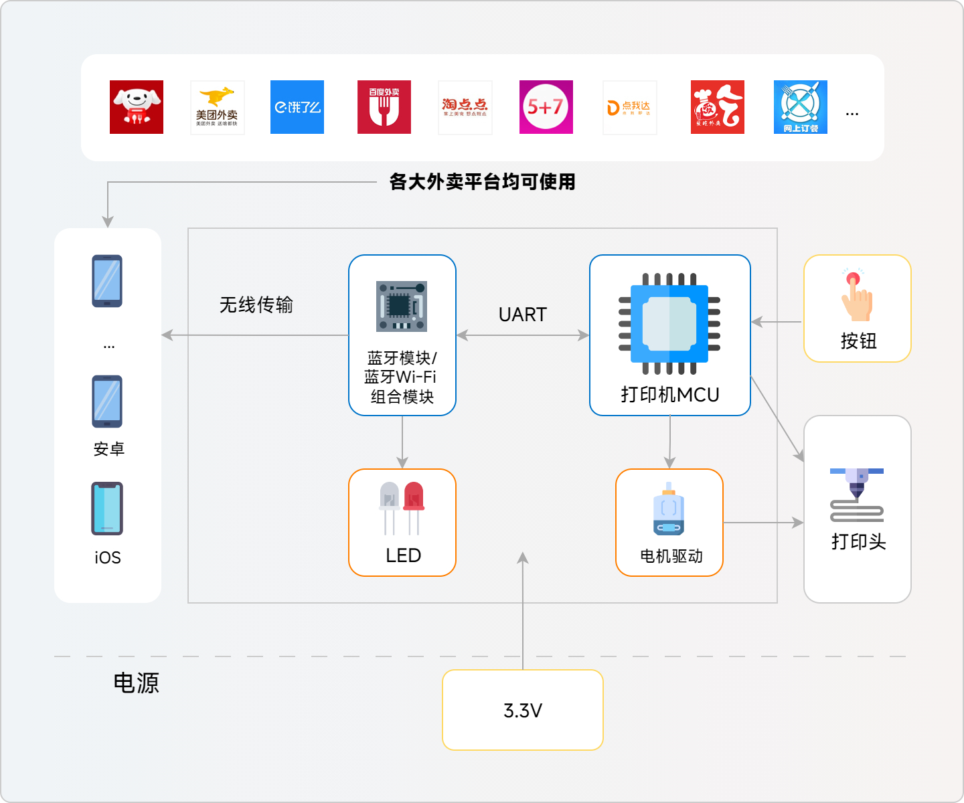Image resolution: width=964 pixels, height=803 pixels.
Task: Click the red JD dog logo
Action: (137, 107)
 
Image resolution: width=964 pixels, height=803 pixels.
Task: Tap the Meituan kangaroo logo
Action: (217, 107)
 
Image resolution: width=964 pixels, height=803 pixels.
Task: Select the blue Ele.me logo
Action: (297, 107)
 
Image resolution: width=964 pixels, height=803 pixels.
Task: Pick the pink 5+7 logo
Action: (546, 107)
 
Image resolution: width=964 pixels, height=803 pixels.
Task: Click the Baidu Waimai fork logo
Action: (384, 107)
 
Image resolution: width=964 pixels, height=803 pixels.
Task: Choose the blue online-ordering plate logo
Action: (801, 107)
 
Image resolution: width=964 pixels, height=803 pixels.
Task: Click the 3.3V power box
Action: (523, 710)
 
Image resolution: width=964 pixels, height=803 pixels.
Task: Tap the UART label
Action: (523, 315)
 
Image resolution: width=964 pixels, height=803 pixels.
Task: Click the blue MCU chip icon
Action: (669, 323)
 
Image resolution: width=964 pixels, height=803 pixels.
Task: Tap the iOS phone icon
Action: (107, 509)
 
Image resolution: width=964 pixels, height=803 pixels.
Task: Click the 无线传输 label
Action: (256, 305)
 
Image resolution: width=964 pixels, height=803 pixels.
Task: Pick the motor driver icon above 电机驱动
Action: (669, 509)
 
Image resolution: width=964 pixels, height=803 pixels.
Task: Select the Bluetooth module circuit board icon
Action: (402, 306)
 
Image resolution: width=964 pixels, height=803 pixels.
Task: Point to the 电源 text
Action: (137, 683)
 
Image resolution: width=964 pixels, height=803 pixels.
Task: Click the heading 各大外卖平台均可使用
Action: (482, 181)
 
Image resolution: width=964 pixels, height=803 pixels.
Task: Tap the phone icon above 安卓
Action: (107, 401)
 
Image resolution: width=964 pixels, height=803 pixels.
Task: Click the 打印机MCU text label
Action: (670, 395)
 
